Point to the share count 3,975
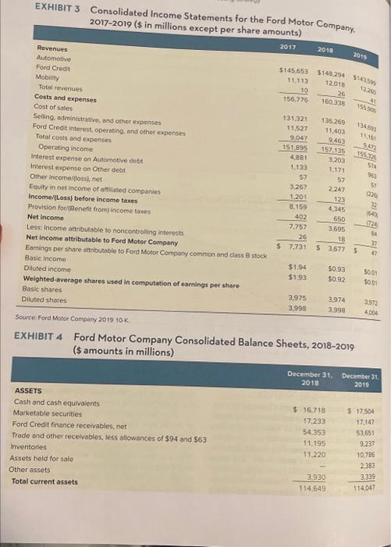(297, 276)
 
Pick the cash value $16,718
(308, 409)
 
